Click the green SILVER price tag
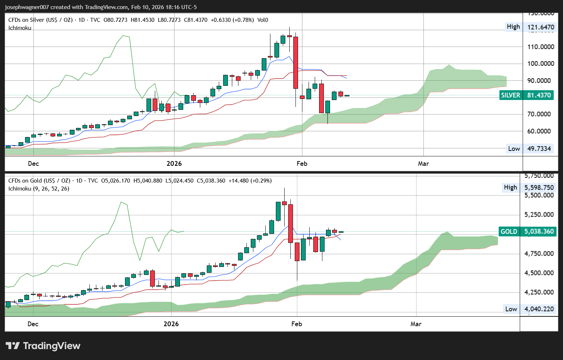pyautogui.click(x=526, y=95)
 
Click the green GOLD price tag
pyautogui.click(x=527, y=232)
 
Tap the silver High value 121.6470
pyautogui.click(x=541, y=27)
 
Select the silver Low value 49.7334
pyautogui.click(x=539, y=148)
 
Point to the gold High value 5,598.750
pyautogui.click(x=539, y=188)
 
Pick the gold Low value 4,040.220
pyautogui.click(x=539, y=309)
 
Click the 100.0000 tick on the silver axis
pyautogui.click(x=541, y=64)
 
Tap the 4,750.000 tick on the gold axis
pyautogui.click(x=539, y=253)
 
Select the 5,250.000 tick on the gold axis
pyautogui.click(x=539, y=215)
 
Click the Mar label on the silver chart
pyautogui.click(x=423, y=164)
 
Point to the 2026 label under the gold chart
pyautogui.click(x=171, y=324)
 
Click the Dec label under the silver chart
pyautogui.click(x=33, y=164)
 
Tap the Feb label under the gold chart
pyautogui.click(x=297, y=324)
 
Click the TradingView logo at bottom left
pyautogui.click(x=43, y=346)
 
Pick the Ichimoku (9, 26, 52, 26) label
pyautogui.click(x=39, y=189)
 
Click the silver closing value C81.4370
pyautogui.click(x=196, y=20)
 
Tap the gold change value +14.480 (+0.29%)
pyautogui.click(x=250, y=181)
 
